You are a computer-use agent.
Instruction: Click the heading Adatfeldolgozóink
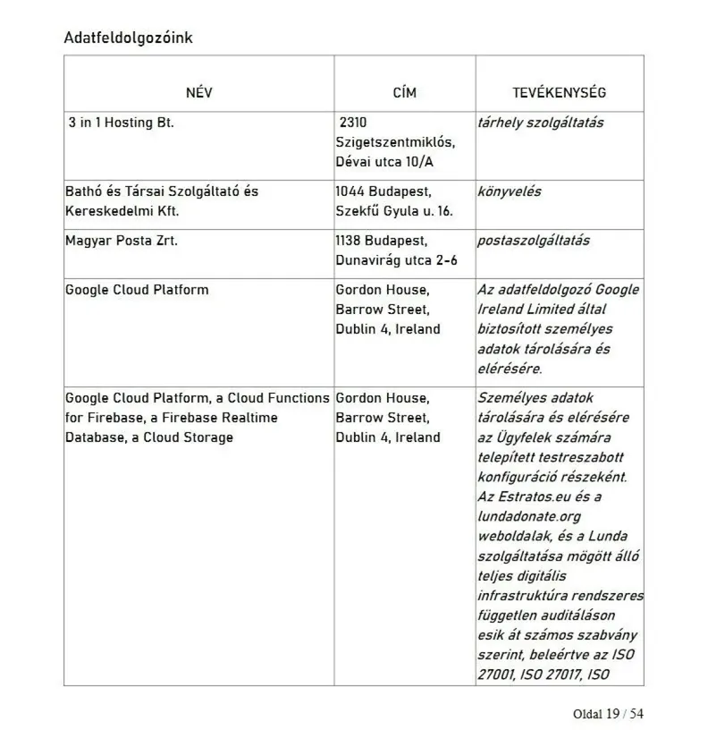(128, 38)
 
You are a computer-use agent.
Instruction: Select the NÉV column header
(199, 93)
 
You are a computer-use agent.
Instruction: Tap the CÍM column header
(404, 93)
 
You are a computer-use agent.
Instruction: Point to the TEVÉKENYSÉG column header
(559, 93)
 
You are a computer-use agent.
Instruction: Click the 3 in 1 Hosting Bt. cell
(121, 123)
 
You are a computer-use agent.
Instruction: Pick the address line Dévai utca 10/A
(386, 162)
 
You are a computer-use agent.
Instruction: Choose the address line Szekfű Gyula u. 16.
(394, 211)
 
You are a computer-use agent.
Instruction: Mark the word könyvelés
(510, 191)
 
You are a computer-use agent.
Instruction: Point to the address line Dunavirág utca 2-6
(396, 260)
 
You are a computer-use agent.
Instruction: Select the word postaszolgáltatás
(534, 241)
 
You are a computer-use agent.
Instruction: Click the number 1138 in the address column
(350, 241)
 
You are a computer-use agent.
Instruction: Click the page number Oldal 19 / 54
(608, 713)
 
